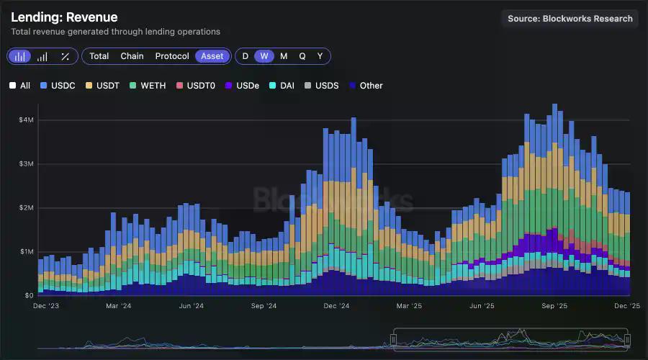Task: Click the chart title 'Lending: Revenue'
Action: point(64,17)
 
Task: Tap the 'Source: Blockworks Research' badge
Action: point(570,19)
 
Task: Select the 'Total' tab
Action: point(99,56)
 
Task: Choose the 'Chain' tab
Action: point(132,56)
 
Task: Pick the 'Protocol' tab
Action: point(172,56)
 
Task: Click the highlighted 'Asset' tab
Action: point(212,56)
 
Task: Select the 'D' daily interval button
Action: point(246,56)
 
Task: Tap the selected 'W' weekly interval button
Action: point(264,56)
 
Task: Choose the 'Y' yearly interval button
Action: point(320,56)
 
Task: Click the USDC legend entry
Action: point(58,86)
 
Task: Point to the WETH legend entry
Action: point(148,86)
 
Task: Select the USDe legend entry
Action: point(242,86)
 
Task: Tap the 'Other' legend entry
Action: point(366,86)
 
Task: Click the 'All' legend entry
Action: point(20,86)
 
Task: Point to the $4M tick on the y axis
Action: point(26,120)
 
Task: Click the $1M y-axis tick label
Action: point(26,252)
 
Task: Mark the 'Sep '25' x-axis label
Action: point(554,306)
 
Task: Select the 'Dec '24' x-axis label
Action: point(336,306)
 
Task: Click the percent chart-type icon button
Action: point(66,56)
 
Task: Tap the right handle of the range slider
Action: point(627,338)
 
